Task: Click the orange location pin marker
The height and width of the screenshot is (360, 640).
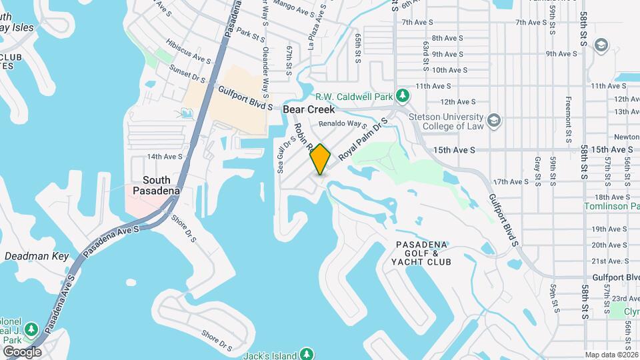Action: point(321,159)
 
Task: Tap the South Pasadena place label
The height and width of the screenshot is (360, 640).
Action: point(156,186)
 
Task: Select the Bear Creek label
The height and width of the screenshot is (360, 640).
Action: point(308,109)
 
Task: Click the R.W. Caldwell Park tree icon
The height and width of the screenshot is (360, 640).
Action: point(402,96)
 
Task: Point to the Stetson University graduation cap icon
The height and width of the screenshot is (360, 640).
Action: point(494,121)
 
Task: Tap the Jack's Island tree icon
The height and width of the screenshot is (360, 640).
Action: point(306,353)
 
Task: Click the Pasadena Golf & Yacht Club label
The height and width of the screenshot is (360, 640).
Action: point(423,253)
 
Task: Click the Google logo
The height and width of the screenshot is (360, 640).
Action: point(22,352)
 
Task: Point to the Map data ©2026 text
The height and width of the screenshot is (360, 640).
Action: point(611,355)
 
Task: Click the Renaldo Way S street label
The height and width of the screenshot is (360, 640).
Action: point(343,124)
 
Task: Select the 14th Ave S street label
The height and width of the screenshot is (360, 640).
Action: point(165,157)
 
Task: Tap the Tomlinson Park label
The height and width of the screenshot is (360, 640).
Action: point(612,207)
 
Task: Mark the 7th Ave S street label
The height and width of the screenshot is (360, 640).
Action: point(418,22)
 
